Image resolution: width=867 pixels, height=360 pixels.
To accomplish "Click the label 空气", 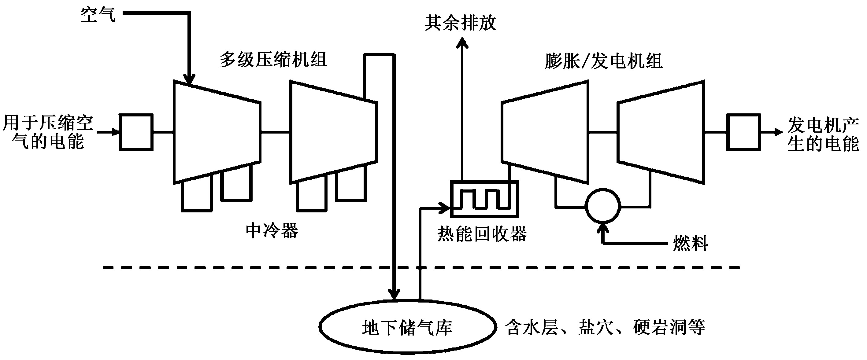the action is (x=98, y=15).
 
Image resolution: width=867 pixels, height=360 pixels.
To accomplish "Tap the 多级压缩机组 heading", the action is (x=273, y=60).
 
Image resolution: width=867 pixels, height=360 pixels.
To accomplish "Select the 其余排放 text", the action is (x=461, y=23).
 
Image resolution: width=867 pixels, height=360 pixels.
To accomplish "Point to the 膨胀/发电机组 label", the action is (x=604, y=61).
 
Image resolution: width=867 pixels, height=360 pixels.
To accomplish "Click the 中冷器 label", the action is (x=272, y=231).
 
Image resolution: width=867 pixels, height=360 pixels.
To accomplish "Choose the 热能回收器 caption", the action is (x=482, y=234).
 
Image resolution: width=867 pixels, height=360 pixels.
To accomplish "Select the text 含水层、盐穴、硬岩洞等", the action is (x=605, y=327).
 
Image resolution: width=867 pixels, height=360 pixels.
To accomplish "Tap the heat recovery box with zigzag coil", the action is (x=451, y=199).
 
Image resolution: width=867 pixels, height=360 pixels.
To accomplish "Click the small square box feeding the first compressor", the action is (x=120, y=132).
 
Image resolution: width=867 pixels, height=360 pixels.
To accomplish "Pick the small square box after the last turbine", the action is (x=727, y=132).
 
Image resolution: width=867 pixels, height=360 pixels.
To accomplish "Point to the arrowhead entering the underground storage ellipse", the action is (x=394, y=294).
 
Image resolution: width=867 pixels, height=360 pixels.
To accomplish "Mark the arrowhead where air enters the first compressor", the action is (x=189, y=79).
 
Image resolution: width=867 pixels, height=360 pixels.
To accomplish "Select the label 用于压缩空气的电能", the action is (x=48, y=132).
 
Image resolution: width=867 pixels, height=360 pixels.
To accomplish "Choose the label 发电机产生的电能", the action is (x=823, y=134).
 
